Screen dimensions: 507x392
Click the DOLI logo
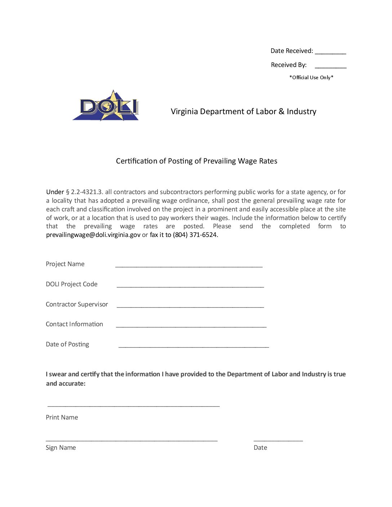click(106, 106)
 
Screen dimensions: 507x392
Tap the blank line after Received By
click(330, 67)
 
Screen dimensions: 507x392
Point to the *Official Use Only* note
click(311, 77)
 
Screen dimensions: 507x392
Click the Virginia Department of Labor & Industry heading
click(243, 112)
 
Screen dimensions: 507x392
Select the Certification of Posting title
click(196, 161)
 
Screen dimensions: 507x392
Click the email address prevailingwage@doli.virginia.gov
click(93, 235)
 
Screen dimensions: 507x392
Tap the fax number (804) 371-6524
click(195, 235)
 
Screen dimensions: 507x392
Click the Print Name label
click(62, 417)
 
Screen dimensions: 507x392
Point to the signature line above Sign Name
click(132, 440)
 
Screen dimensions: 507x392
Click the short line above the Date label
click(278, 440)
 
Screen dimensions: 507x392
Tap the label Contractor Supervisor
click(77, 304)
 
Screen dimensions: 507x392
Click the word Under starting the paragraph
click(55, 192)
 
